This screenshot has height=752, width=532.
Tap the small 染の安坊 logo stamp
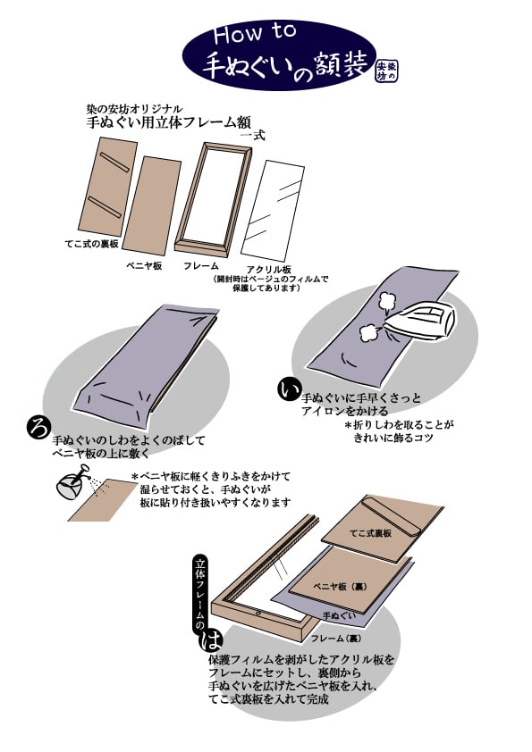[385, 70]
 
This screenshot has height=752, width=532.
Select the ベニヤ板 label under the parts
[143, 266]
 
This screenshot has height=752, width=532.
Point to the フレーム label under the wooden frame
[201, 266]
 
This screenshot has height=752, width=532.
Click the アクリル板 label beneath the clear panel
[268, 269]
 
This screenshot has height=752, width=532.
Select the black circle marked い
[289, 390]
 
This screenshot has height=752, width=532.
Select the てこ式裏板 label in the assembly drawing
[369, 532]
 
